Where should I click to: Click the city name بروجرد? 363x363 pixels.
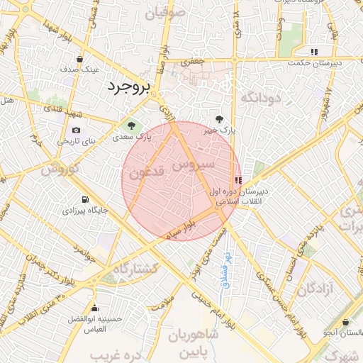[x=128, y=87]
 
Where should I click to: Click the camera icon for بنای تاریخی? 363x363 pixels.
[x=76, y=130]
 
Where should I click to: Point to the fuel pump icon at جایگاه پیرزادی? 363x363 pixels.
[x=86, y=199]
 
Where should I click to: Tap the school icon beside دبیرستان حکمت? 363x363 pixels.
[x=313, y=52]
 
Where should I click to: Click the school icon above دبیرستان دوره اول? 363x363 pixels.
[x=238, y=180]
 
